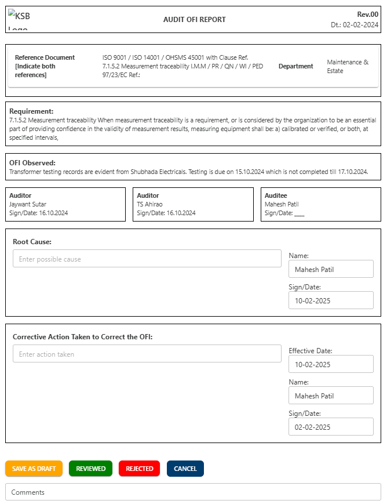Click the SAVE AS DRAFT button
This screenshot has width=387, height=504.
coord(34,469)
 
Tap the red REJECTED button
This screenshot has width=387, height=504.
coord(139,469)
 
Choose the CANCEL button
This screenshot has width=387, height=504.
coord(185,469)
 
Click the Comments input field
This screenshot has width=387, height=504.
coord(193,492)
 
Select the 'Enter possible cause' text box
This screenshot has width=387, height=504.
coord(147,259)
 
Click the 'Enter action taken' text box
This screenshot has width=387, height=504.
coord(147,354)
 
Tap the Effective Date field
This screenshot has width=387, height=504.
coord(331,364)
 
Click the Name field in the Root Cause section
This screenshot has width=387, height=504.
coord(331,269)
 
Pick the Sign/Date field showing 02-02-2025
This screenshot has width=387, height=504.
coord(331,427)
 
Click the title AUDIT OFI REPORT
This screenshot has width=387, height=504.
coord(195,20)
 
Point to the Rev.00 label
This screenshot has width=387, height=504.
coord(367,14)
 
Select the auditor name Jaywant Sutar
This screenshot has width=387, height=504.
coord(28,204)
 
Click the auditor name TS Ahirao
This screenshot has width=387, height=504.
coord(149,204)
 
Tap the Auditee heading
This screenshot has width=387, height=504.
coord(276,196)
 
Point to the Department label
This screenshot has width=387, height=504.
coord(295,66)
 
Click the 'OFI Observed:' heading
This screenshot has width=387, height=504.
coord(32,163)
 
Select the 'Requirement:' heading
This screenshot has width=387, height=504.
coord(31,111)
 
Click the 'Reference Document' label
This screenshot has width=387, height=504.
coord(45,57)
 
